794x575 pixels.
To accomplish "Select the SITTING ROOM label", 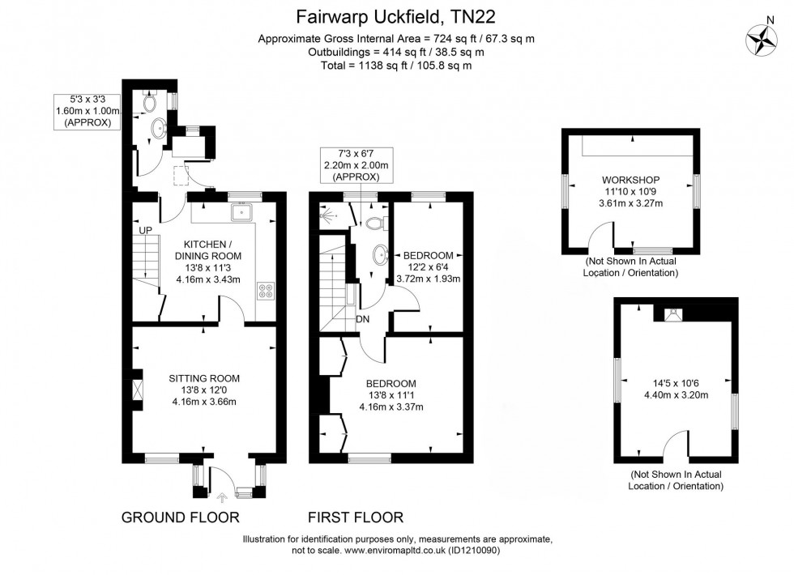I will coord(204,378).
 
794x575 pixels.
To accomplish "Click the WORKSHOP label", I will coord(630,179).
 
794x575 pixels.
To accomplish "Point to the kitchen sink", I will coord(242,212).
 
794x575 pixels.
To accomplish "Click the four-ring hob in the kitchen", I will coord(265,291).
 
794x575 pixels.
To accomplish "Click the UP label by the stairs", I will coord(146,231).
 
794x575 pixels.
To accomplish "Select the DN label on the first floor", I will coord(362,319).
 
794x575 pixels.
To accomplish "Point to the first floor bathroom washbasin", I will coord(378,258).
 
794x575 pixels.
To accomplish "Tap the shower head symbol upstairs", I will coord(327,215).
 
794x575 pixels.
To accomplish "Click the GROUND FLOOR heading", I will coord(180,517).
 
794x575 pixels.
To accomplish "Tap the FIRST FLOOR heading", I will coord(355,517).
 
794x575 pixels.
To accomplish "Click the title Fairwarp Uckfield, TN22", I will coord(396,15).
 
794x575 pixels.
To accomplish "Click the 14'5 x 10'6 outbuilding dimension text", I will coord(676,390).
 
